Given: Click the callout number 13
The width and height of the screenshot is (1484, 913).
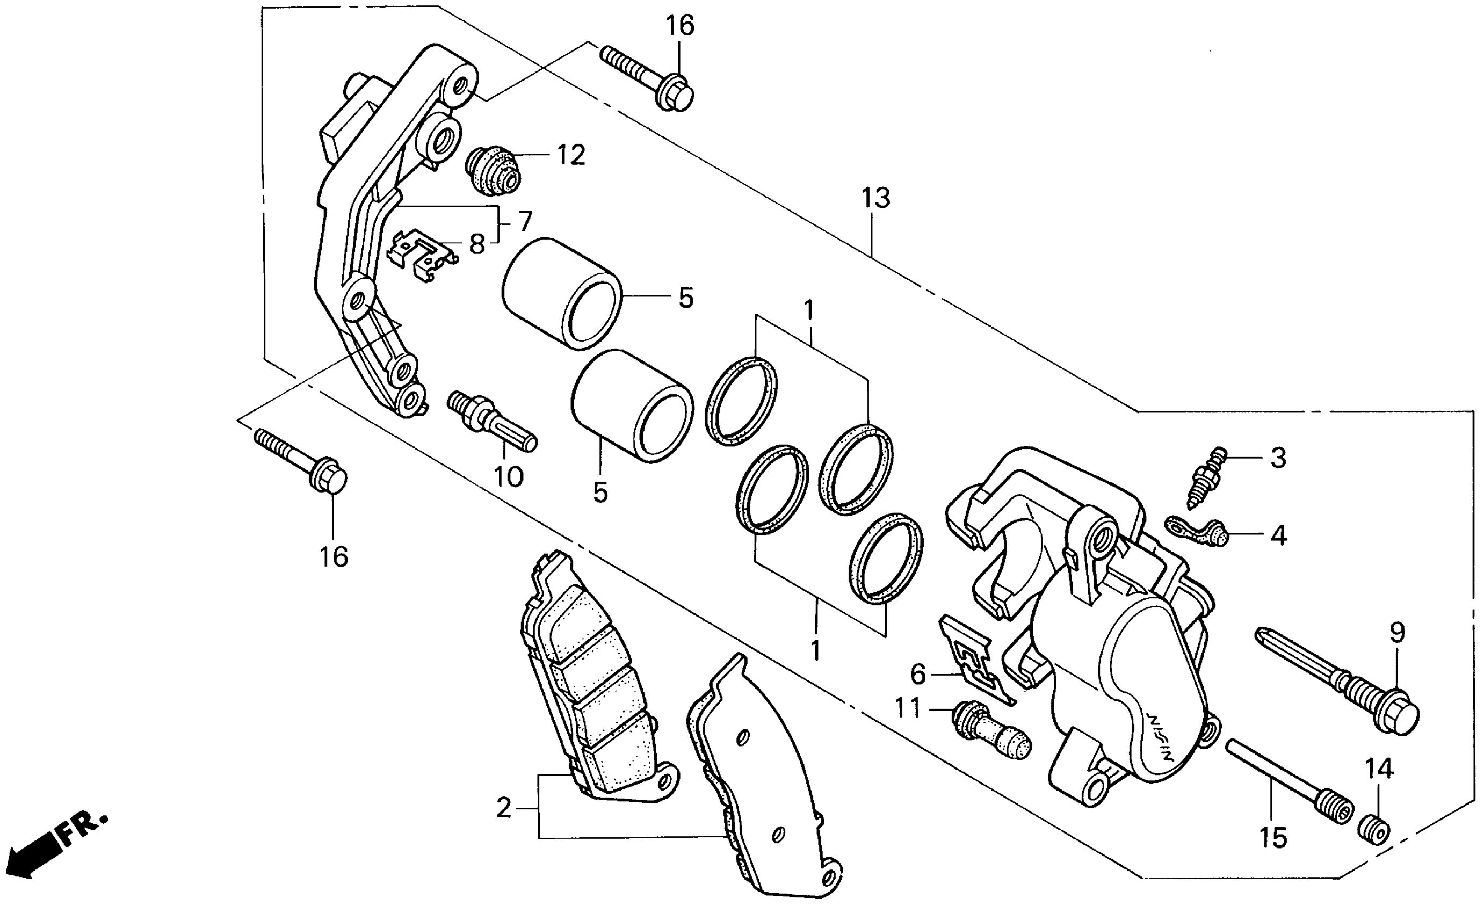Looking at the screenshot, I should (x=875, y=198).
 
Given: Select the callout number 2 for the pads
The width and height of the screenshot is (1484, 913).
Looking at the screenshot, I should (x=503, y=808).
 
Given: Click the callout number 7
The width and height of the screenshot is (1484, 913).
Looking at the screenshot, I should (x=525, y=222).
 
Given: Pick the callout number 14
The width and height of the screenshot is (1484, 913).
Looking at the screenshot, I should (x=1380, y=769).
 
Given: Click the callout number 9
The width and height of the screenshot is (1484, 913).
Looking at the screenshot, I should (x=1397, y=633).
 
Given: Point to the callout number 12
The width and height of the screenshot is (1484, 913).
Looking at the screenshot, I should (x=570, y=155).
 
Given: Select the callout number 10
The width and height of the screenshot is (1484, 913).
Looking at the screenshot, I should (x=508, y=477).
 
